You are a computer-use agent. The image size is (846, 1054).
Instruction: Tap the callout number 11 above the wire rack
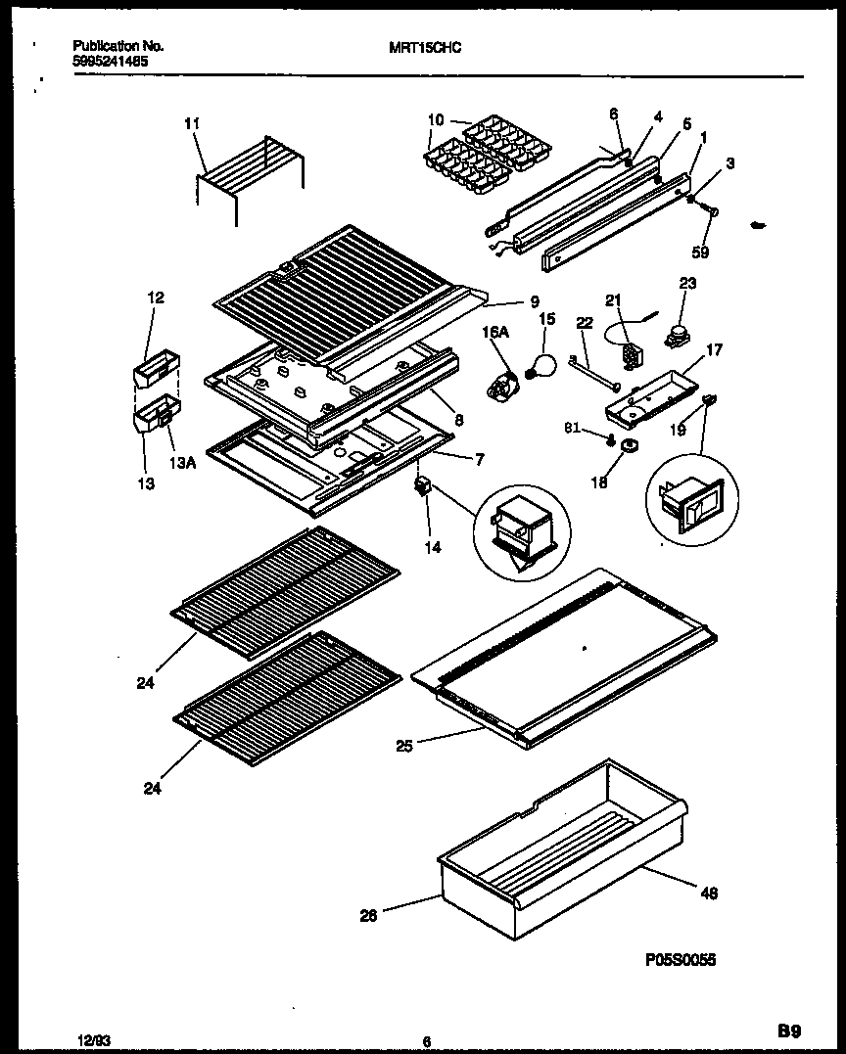point(192,123)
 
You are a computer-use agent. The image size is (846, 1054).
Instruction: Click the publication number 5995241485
point(112,60)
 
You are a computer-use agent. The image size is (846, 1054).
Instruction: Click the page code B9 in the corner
point(789,1030)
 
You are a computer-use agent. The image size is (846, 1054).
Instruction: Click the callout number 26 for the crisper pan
point(367,917)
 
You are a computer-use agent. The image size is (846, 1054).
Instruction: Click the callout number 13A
point(183,465)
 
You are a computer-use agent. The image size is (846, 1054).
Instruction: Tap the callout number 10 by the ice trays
point(436,120)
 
